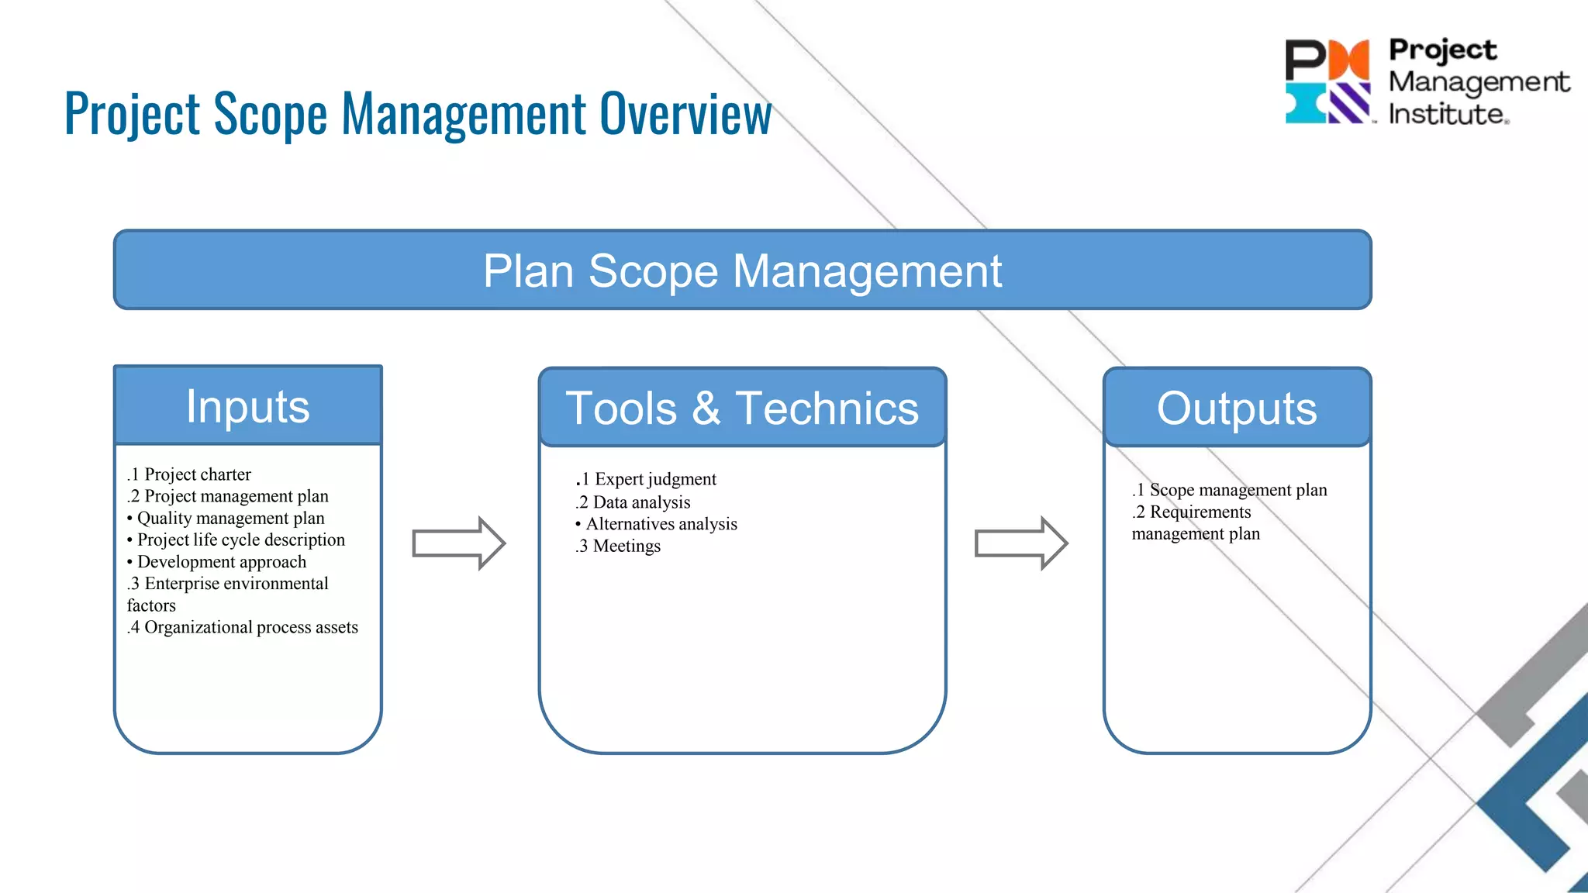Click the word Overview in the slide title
(x=685, y=115)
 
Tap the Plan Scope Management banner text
(x=742, y=271)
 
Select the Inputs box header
(x=248, y=406)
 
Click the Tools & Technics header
(x=742, y=408)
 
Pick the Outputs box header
(x=1237, y=408)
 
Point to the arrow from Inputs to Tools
(x=458, y=543)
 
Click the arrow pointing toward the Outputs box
(x=1020, y=543)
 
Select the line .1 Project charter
(x=190, y=474)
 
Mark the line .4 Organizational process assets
(x=243, y=627)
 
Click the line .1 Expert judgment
(x=647, y=479)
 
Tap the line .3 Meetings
(x=619, y=546)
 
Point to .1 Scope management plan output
(x=1230, y=490)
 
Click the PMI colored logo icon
(x=1328, y=81)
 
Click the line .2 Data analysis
(x=633, y=502)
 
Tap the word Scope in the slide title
(x=271, y=115)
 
